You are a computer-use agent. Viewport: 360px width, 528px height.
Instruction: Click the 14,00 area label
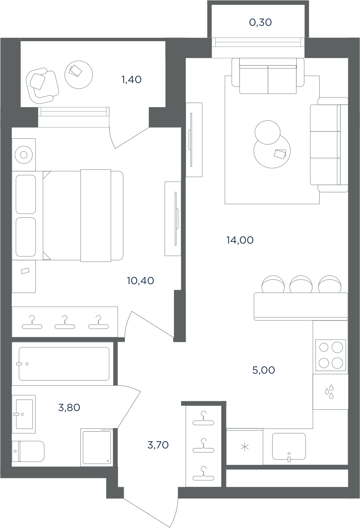click(x=240, y=240)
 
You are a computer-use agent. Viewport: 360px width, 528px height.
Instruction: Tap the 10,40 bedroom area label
click(x=140, y=281)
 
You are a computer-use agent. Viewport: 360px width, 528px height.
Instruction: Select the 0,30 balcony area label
click(x=260, y=22)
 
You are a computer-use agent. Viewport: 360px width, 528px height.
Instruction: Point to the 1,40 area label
click(x=132, y=80)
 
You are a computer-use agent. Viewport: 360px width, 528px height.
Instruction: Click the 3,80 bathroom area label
click(x=69, y=408)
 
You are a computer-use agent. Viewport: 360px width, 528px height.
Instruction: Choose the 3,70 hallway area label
click(x=158, y=445)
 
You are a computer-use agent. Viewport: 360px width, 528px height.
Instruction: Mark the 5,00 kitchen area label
click(x=264, y=370)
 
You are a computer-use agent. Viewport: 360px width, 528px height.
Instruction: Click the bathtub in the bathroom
click(x=64, y=364)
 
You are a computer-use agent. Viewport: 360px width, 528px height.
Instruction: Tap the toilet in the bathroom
click(x=28, y=451)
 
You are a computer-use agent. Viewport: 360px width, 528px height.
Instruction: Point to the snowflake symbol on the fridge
click(x=245, y=447)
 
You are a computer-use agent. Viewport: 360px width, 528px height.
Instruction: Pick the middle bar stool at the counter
click(x=301, y=284)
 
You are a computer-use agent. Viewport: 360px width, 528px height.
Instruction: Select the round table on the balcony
click(x=79, y=75)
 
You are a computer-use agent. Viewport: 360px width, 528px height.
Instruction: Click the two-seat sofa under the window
click(x=268, y=76)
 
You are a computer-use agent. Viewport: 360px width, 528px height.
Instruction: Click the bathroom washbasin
click(x=24, y=414)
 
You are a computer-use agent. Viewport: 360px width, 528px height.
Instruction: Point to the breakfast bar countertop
click(x=301, y=307)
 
